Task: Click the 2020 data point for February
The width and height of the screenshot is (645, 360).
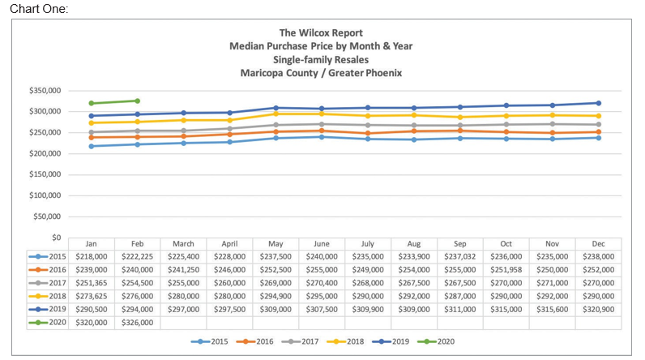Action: pos(137,101)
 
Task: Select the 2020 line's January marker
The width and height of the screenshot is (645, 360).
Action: pos(91,103)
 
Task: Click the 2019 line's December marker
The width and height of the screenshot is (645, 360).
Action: pos(598,103)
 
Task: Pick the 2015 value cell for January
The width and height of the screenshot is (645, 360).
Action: pos(91,255)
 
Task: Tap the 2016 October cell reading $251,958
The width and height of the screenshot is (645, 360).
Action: pos(506,268)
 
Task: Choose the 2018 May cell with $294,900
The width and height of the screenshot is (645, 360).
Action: pos(276,295)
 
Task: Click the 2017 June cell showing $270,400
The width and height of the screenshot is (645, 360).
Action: pos(322,282)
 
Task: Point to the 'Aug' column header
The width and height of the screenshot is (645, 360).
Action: pos(413,242)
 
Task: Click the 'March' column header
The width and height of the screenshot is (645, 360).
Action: pos(183,242)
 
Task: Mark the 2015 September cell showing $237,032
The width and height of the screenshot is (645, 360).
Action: pos(459,255)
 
